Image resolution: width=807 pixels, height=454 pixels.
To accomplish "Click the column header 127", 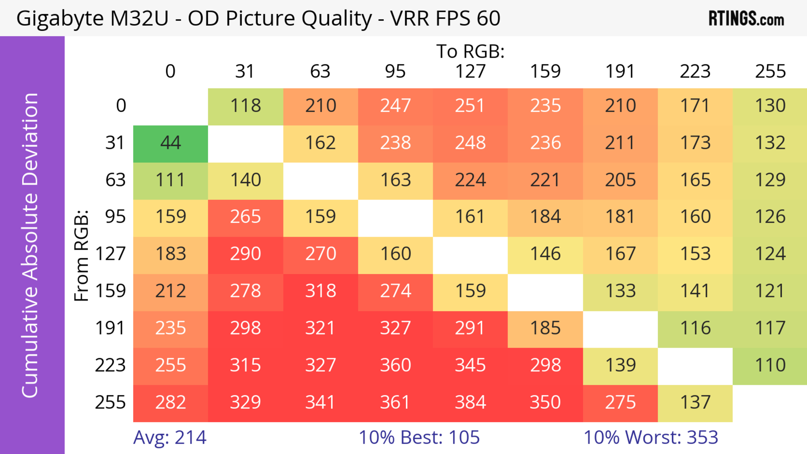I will [470, 71].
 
